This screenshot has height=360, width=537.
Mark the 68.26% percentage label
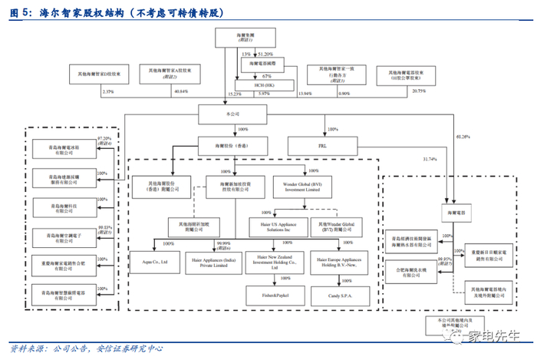click(x=463, y=136)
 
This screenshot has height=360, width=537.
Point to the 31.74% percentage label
click(x=430, y=159)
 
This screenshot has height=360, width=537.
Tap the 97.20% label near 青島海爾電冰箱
click(x=105, y=139)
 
